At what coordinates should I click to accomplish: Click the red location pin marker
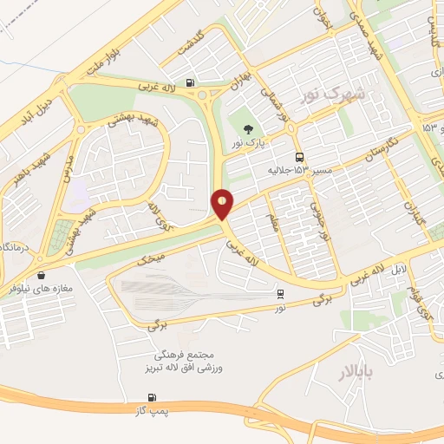tap(223, 204)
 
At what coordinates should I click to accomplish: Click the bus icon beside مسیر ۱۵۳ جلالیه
tap(299, 157)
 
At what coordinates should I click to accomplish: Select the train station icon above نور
tap(280, 295)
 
